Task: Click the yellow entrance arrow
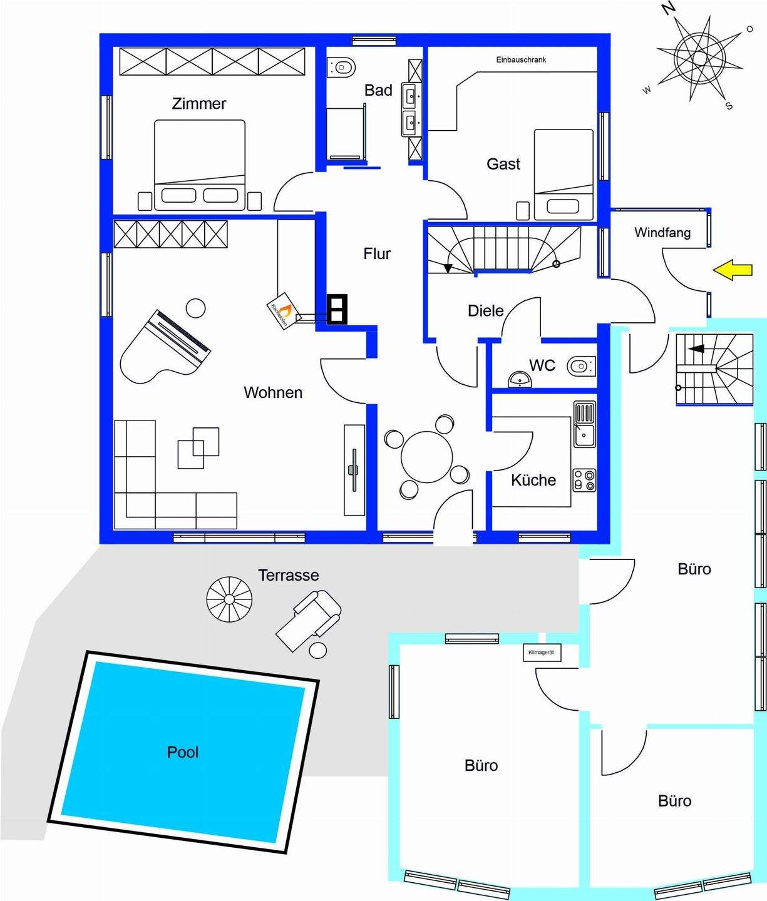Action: tap(733, 270)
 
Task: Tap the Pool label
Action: tap(183, 752)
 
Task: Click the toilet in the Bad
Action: tap(343, 65)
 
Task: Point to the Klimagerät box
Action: tap(542, 653)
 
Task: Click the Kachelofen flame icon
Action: tap(285, 309)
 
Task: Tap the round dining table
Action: tap(426, 456)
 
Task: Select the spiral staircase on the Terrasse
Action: tap(229, 599)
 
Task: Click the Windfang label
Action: tap(662, 233)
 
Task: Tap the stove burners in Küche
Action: tap(584, 480)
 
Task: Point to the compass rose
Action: tap(699, 58)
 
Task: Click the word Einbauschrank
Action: tap(521, 60)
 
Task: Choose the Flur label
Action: tap(377, 253)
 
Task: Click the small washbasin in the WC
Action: tap(519, 379)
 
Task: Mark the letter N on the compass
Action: tap(669, 8)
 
